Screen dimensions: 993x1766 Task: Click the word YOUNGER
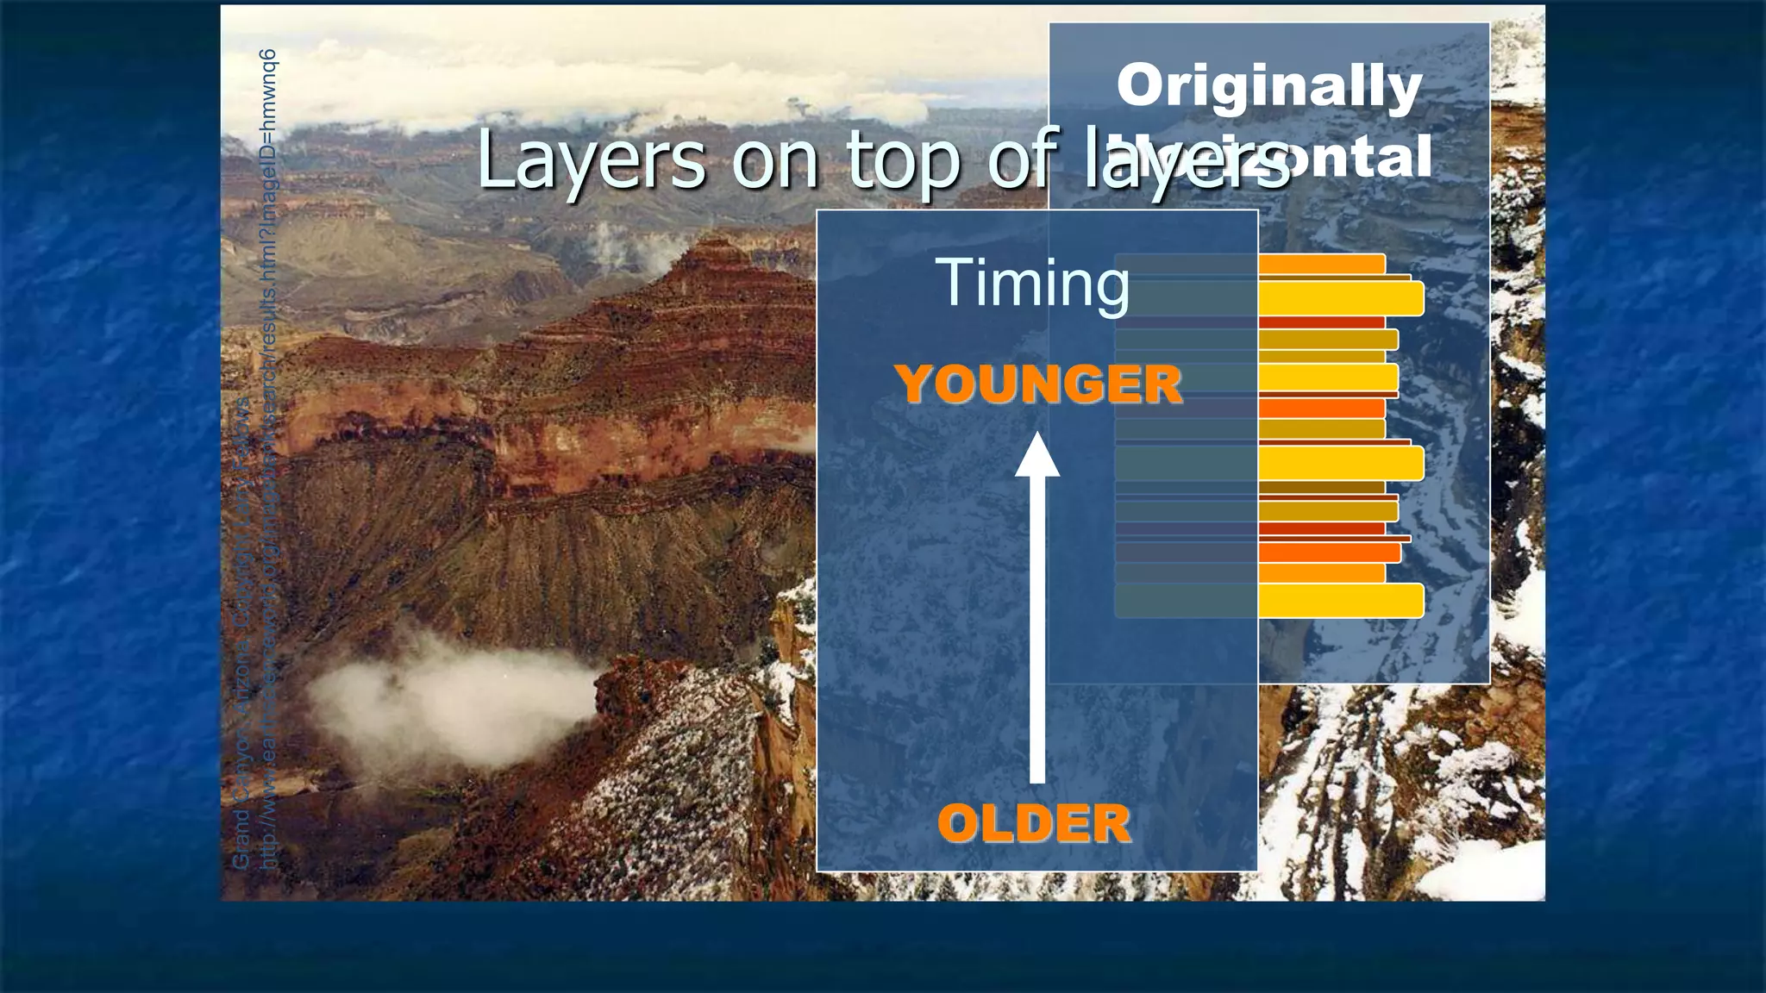[1038, 384]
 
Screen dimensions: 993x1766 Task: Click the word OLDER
[1034, 823]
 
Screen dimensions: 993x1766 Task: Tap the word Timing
[1032, 282]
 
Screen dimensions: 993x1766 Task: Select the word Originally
[1268, 86]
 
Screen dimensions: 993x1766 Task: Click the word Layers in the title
[591, 159]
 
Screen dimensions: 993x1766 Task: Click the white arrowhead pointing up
[1037, 457]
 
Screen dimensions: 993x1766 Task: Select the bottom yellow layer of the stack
[1341, 601]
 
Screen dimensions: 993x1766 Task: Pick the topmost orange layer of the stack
[1321, 264]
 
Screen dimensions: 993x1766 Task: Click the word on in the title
[774, 161]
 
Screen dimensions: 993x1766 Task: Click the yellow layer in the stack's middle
[1341, 464]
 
